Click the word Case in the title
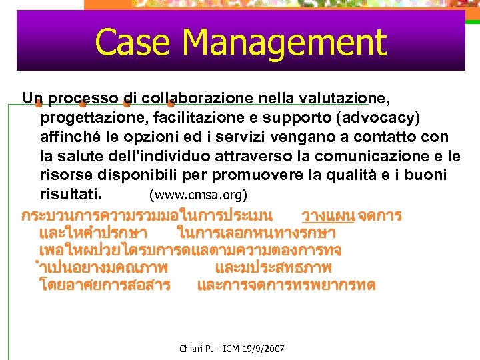click(133, 42)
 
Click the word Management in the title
click(284, 42)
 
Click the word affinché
click(66, 137)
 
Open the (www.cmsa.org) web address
click(198, 196)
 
